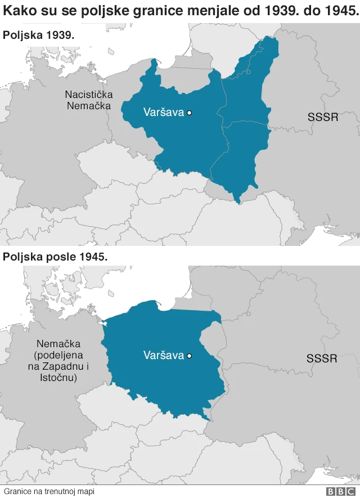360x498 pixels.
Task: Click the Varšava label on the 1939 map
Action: pos(163,113)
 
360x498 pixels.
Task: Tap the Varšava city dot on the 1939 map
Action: pos(190,113)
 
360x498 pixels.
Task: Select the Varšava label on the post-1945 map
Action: pos(164,356)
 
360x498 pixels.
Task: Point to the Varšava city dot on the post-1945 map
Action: pos(190,356)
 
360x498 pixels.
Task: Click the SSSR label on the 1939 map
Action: pos(323,117)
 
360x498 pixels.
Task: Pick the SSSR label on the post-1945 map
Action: pos(322,358)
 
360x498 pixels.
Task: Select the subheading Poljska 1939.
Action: pos(38,35)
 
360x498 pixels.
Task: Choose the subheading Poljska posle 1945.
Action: pos(55,257)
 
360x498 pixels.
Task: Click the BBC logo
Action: pos(340,491)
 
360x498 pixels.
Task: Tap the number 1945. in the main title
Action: pos(339,11)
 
